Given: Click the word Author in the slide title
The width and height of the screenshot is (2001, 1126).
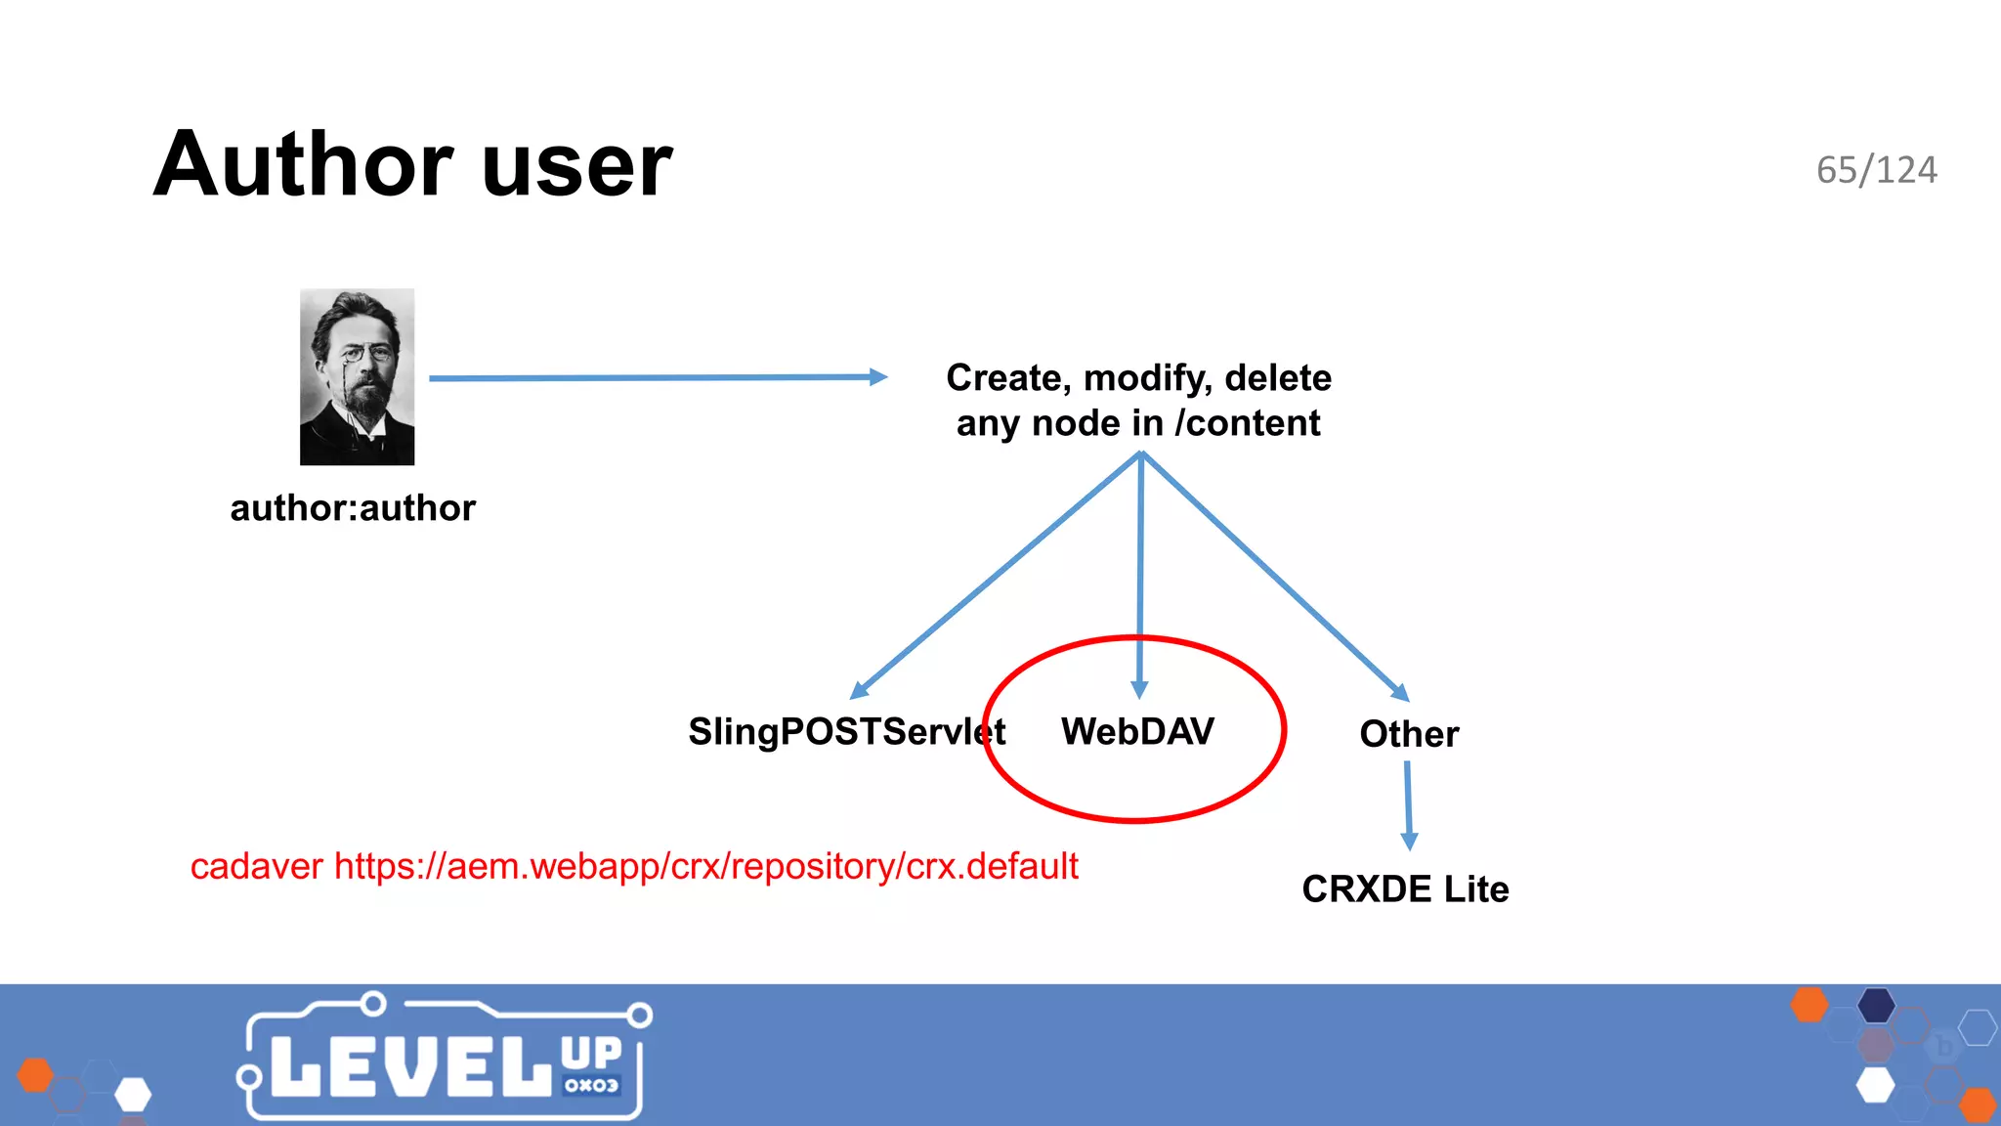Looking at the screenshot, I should click(303, 164).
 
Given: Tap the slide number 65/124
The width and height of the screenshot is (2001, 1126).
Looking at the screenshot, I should click(1876, 170).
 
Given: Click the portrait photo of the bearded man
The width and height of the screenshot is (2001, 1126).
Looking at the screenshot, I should click(357, 376).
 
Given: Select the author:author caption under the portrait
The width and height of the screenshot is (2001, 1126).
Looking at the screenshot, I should click(353, 508).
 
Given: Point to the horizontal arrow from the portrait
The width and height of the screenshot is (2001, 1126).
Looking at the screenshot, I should click(655, 377).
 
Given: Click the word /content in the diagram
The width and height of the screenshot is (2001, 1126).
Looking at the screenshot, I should click(1248, 423).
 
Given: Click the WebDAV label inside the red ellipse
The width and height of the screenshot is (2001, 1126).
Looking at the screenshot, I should click(1137, 731).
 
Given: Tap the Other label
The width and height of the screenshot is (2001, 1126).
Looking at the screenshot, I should click(1409, 734).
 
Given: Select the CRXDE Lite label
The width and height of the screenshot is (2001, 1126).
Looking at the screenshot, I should click(1405, 889).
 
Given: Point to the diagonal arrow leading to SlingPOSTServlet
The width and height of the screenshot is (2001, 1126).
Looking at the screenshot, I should click(997, 577).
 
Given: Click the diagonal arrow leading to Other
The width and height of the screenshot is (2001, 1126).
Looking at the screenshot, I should click(1275, 577).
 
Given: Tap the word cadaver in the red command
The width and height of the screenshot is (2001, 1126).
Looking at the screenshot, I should click(256, 867).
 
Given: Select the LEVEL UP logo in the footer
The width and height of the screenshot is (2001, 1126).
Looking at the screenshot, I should click(445, 1061).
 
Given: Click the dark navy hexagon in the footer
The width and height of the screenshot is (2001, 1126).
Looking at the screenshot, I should click(1876, 1005).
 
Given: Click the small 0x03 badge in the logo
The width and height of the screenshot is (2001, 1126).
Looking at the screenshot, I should click(591, 1085).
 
